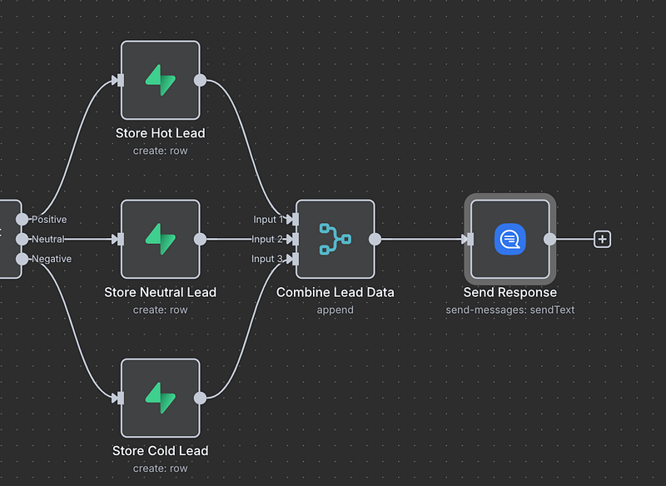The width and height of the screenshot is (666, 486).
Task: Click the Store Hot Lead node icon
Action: (x=161, y=80)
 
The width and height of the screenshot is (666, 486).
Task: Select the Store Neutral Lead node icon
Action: (x=161, y=239)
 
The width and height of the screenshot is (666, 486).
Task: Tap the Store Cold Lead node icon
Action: (x=161, y=398)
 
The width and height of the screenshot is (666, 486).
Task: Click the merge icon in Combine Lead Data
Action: (x=335, y=239)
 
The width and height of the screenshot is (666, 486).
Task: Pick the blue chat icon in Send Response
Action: (x=510, y=239)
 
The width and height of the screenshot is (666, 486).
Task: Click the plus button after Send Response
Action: (x=603, y=239)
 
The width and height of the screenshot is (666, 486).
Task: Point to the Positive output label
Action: (x=49, y=220)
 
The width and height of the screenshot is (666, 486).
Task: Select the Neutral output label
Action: (x=47, y=239)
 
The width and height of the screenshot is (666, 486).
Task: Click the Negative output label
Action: (x=51, y=259)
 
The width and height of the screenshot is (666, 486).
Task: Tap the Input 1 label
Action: (x=268, y=220)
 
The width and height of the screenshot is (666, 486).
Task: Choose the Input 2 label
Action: (x=268, y=239)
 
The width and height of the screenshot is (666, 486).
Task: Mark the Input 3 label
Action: (x=268, y=259)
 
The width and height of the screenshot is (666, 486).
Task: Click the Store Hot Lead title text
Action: (x=161, y=133)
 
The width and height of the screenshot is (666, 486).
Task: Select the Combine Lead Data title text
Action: (x=335, y=292)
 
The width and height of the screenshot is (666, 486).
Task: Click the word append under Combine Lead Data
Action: (x=335, y=310)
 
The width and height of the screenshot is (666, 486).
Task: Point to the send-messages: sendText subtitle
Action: (x=510, y=310)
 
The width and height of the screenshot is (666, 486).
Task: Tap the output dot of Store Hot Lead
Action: (x=200, y=80)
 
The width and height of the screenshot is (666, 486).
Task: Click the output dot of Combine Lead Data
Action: (x=375, y=239)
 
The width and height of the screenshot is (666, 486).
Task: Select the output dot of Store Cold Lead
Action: (x=200, y=398)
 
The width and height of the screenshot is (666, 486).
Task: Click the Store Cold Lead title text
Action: (x=161, y=451)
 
